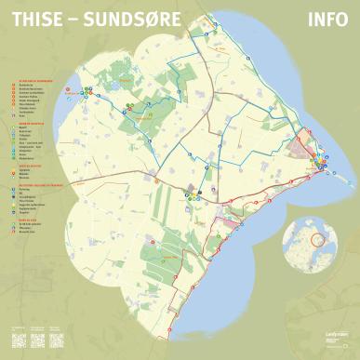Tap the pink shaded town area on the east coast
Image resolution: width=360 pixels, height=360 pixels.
tap(305, 149)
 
